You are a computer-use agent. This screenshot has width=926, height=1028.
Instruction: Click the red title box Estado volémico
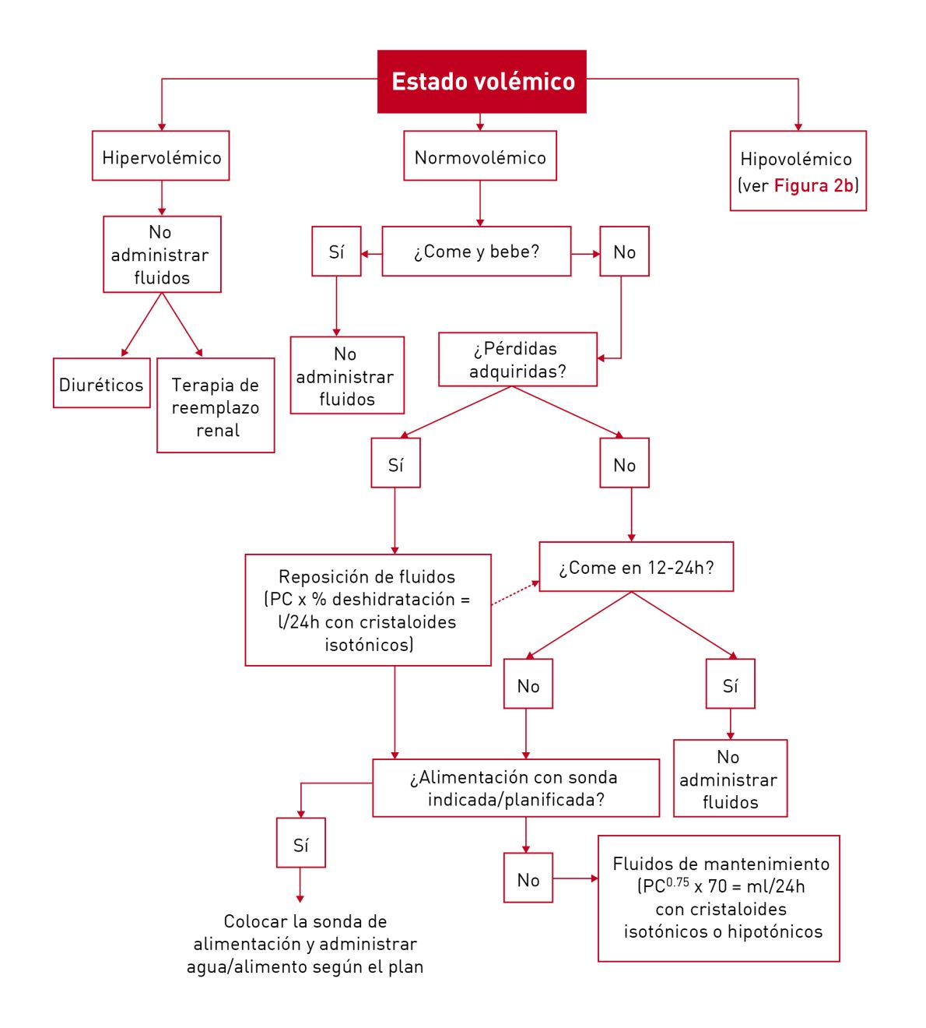coord(482,82)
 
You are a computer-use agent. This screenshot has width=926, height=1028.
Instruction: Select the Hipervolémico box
coord(161,157)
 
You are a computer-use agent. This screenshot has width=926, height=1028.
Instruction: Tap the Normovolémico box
coord(480,157)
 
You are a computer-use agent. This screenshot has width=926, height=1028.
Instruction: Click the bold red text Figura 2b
coord(814,185)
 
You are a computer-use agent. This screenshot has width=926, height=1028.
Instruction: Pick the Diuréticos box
coord(101,383)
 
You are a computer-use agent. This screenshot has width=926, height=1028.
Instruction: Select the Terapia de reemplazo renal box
coord(216,406)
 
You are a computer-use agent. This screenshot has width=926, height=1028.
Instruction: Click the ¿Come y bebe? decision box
coord(476,252)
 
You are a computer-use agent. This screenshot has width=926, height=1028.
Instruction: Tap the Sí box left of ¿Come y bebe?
coord(336,252)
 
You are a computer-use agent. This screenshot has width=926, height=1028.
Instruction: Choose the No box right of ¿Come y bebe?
coord(624,252)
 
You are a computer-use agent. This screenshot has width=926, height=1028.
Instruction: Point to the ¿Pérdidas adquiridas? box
coord(517,360)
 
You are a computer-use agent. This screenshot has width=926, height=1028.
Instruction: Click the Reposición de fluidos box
coord(368,610)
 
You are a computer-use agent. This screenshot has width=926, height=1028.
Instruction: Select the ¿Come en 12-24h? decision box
coord(636,567)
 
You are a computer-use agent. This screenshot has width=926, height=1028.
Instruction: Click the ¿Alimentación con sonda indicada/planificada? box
coord(516,788)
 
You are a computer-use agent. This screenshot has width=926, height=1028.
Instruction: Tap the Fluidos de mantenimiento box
coord(719,898)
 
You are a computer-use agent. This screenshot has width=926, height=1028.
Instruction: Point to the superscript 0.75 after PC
coord(678,882)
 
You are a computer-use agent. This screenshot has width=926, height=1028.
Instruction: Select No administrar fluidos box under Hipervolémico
coord(162,255)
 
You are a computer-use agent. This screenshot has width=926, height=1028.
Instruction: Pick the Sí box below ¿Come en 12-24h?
coord(730,685)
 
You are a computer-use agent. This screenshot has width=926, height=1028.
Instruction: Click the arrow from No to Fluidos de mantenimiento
coord(575,878)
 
